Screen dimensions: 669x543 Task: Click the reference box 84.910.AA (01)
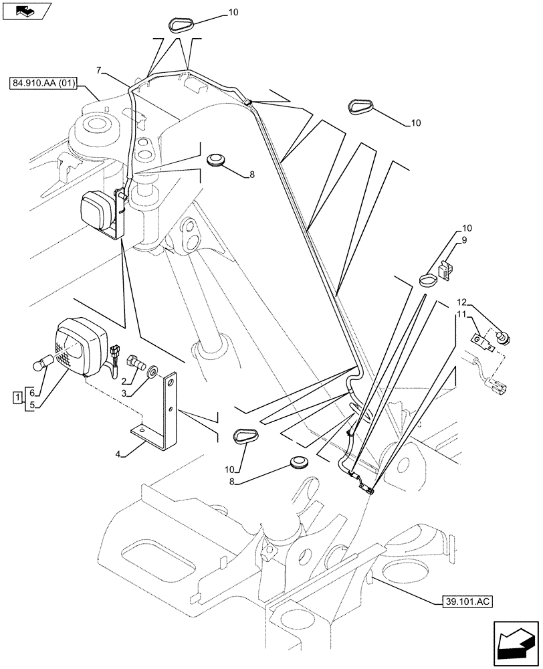(x=44, y=84)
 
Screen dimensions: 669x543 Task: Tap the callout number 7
(x=99, y=70)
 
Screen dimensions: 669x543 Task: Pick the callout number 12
(x=461, y=302)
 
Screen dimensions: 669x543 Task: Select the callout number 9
(x=464, y=239)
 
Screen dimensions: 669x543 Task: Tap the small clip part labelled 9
(x=445, y=270)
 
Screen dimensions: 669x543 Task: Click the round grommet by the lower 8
(x=298, y=464)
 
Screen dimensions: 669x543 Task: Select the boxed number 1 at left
(x=17, y=399)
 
